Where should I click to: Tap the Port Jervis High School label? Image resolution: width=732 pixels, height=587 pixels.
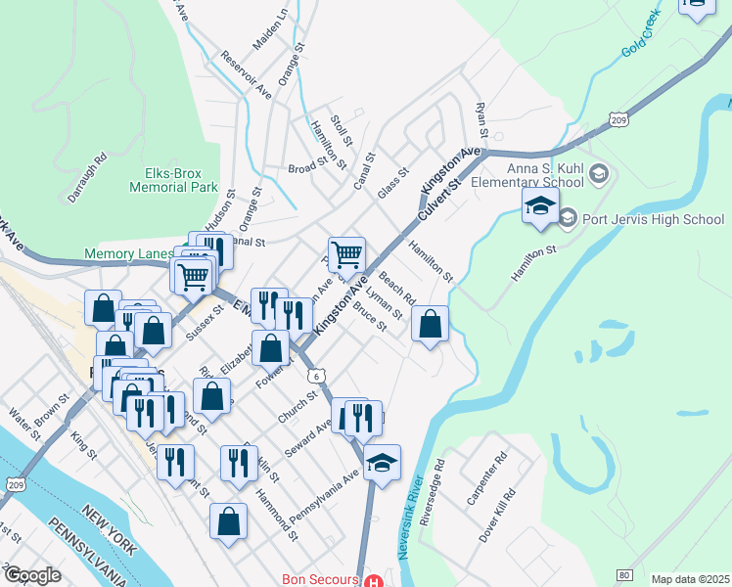[x=654, y=219]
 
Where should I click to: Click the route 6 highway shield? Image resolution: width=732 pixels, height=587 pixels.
[x=315, y=376]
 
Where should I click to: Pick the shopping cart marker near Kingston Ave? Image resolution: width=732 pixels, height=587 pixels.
[x=346, y=255]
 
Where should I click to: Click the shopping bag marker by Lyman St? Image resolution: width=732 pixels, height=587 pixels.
[x=430, y=324]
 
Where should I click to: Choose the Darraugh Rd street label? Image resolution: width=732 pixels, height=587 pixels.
[x=86, y=176]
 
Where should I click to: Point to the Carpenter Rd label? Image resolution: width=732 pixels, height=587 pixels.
[x=487, y=478]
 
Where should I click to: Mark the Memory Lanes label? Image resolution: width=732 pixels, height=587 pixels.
[x=127, y=254]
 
